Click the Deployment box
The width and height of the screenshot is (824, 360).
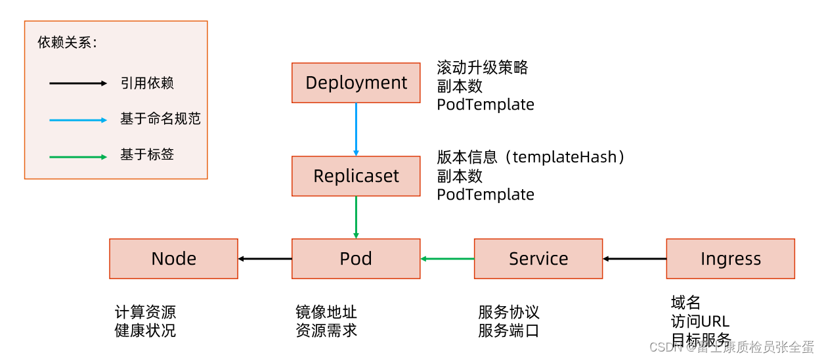coord(356,83)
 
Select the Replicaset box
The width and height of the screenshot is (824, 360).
coord(356,176)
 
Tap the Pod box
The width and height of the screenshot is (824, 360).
coord(356,259)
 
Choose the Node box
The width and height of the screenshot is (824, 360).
coord(173,259)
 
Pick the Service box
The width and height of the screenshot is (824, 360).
coord(538,259)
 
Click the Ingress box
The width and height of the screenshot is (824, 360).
coord(730,259)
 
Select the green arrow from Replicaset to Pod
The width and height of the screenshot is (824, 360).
coord(356,217)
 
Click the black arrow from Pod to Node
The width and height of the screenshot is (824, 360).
coord(265,259)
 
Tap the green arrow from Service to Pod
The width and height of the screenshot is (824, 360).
coord(447,259)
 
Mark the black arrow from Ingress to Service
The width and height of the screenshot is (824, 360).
coord(634,259)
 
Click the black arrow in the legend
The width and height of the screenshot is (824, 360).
coord(77,83)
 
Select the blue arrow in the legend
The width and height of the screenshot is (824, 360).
coord(77,120)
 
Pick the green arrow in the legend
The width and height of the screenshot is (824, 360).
coord(77,157)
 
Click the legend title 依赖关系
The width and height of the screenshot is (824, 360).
coord(67,43)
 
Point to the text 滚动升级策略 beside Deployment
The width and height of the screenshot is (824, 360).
coord(483,68)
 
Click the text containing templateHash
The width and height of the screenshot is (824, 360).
coord(531,158)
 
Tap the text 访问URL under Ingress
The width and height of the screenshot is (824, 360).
coord(700,322)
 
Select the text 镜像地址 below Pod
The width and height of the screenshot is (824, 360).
coord(326,313)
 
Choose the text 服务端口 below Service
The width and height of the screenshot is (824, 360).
coord(509,330)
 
